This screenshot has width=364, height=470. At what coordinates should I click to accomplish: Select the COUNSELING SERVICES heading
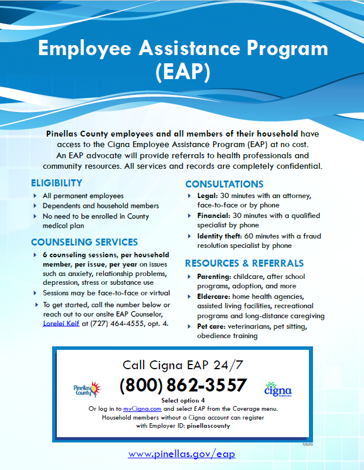[84, 241]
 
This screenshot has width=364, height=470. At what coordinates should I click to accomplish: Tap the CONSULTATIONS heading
[224, 183]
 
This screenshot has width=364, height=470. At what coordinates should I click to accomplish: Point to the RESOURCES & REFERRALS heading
[244, 263]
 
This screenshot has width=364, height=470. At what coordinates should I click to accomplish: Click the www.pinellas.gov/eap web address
[182, 454]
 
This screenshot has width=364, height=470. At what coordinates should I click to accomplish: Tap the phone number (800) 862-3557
[183, 385]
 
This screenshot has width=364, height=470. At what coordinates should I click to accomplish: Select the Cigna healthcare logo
[278, 389]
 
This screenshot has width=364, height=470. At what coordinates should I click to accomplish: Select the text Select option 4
[182, 400]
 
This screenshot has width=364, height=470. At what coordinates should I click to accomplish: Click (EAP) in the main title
[182, 71]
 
